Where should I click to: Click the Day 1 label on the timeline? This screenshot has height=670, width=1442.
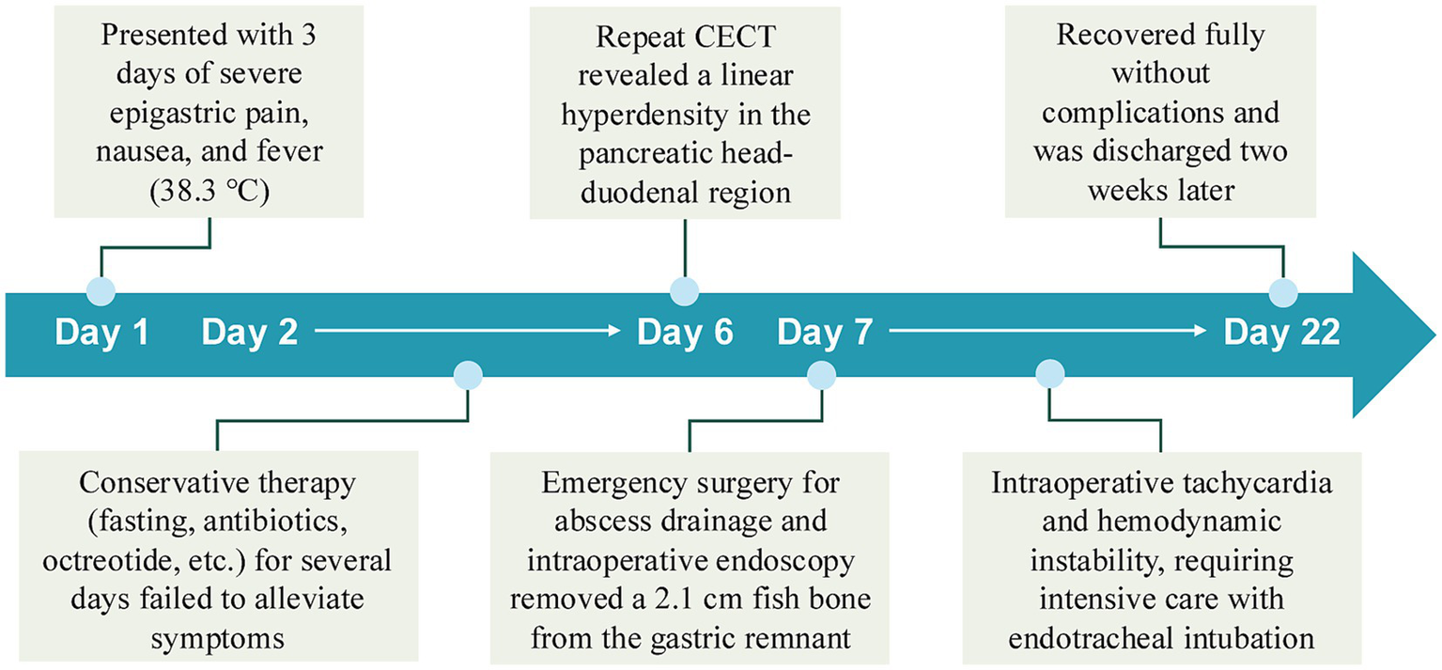click(x=102, y=334)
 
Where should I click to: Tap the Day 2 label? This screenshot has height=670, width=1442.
click(x=250, y=334)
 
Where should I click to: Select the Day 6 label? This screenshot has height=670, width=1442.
click(x=685, y=334)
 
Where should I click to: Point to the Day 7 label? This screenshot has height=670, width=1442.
click(x=826, y=334)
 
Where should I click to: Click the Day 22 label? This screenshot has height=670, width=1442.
click(x=1281, y=334)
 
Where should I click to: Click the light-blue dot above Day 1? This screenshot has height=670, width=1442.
click(x=101, y=291)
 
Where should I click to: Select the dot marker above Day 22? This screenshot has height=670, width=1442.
click(x=1283, y=291)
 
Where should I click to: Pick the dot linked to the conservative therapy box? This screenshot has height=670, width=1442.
click(x=468, y=377)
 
